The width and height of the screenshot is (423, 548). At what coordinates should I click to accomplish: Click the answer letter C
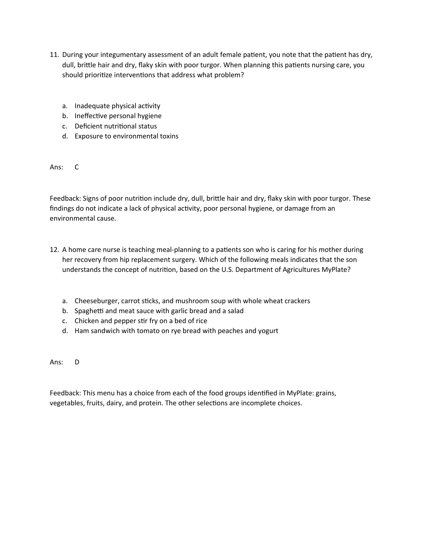(77, 167)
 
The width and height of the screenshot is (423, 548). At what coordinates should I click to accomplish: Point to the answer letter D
(77, 362)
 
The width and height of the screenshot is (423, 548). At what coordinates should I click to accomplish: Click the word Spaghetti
(89, 311)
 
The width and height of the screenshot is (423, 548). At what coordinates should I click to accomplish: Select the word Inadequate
(92, 106)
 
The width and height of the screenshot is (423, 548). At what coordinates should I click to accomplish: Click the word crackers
(296, 301)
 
